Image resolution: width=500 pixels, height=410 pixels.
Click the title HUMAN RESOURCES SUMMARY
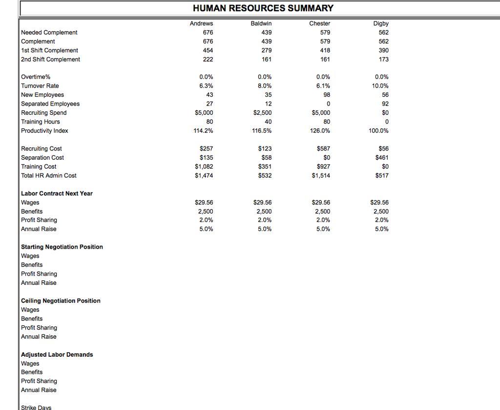263,8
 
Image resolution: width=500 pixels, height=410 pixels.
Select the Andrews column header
201,23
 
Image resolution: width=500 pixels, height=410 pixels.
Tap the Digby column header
381,23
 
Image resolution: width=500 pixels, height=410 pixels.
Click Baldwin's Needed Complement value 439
266,32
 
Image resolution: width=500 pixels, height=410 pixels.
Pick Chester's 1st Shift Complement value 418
325,50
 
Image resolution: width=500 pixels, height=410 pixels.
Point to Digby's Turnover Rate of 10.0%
380,86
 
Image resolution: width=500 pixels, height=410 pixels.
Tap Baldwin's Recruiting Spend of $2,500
262,113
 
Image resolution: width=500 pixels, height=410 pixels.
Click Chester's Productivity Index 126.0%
320,131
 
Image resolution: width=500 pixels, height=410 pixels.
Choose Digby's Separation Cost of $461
382,158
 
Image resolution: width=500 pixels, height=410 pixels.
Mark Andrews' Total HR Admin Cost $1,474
204,175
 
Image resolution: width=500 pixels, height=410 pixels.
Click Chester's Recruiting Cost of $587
323,149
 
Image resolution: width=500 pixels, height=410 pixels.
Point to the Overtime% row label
36,77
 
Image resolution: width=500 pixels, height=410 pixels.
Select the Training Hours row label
41,122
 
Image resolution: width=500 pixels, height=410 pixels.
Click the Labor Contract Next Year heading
57,194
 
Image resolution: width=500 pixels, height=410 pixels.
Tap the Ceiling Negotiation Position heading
61,301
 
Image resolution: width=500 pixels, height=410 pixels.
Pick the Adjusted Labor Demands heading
57,354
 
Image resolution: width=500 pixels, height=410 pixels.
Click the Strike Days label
36,407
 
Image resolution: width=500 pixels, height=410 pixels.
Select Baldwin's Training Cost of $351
265,167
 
